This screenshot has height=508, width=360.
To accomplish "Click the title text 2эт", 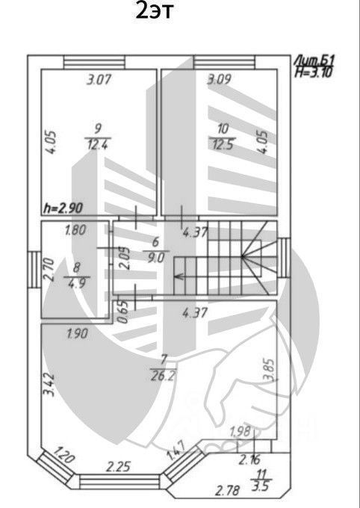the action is click(155, 10).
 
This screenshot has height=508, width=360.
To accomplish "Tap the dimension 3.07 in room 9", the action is click(99, 79).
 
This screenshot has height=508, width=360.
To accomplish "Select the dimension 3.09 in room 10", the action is click(220, 79).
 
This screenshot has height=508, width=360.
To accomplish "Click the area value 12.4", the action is click(98, 144).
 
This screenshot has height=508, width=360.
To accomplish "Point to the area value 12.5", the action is click(223, 144).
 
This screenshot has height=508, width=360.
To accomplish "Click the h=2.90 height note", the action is click(63, 208).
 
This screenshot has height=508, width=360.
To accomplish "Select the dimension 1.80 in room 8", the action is click(75, 230).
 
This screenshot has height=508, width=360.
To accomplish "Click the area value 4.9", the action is click(77, 283).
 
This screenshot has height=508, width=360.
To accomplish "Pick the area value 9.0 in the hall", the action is click(156, 258).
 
